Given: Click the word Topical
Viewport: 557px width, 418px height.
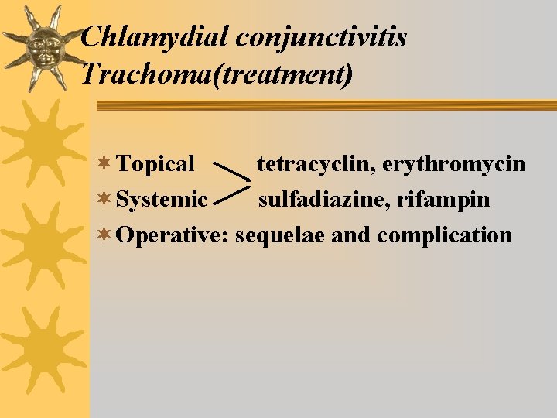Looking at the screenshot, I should pos(157,164).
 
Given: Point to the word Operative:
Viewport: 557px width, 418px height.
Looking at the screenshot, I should pos(172,235).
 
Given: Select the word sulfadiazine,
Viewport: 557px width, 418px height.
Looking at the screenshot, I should pos(324,200).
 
